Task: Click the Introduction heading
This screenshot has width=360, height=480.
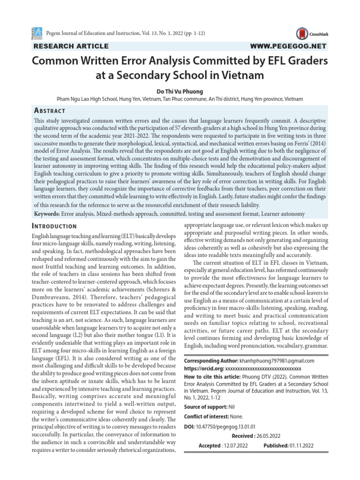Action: coord(57,226)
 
